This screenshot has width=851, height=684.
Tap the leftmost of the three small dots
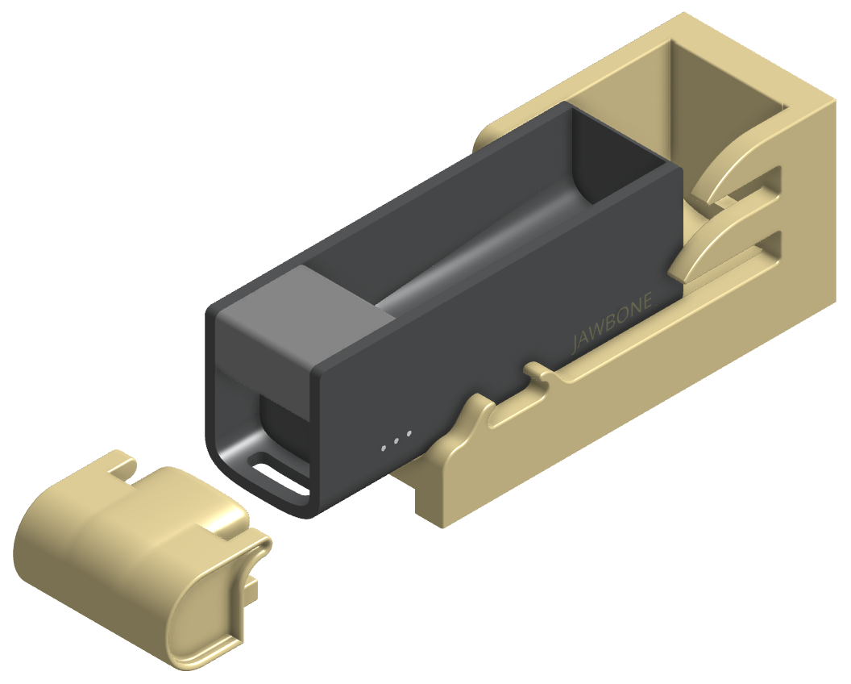(x=384, y=448)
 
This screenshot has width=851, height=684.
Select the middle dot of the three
(x=396, y=440)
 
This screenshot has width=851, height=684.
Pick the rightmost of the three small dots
(x=409, y=433)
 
